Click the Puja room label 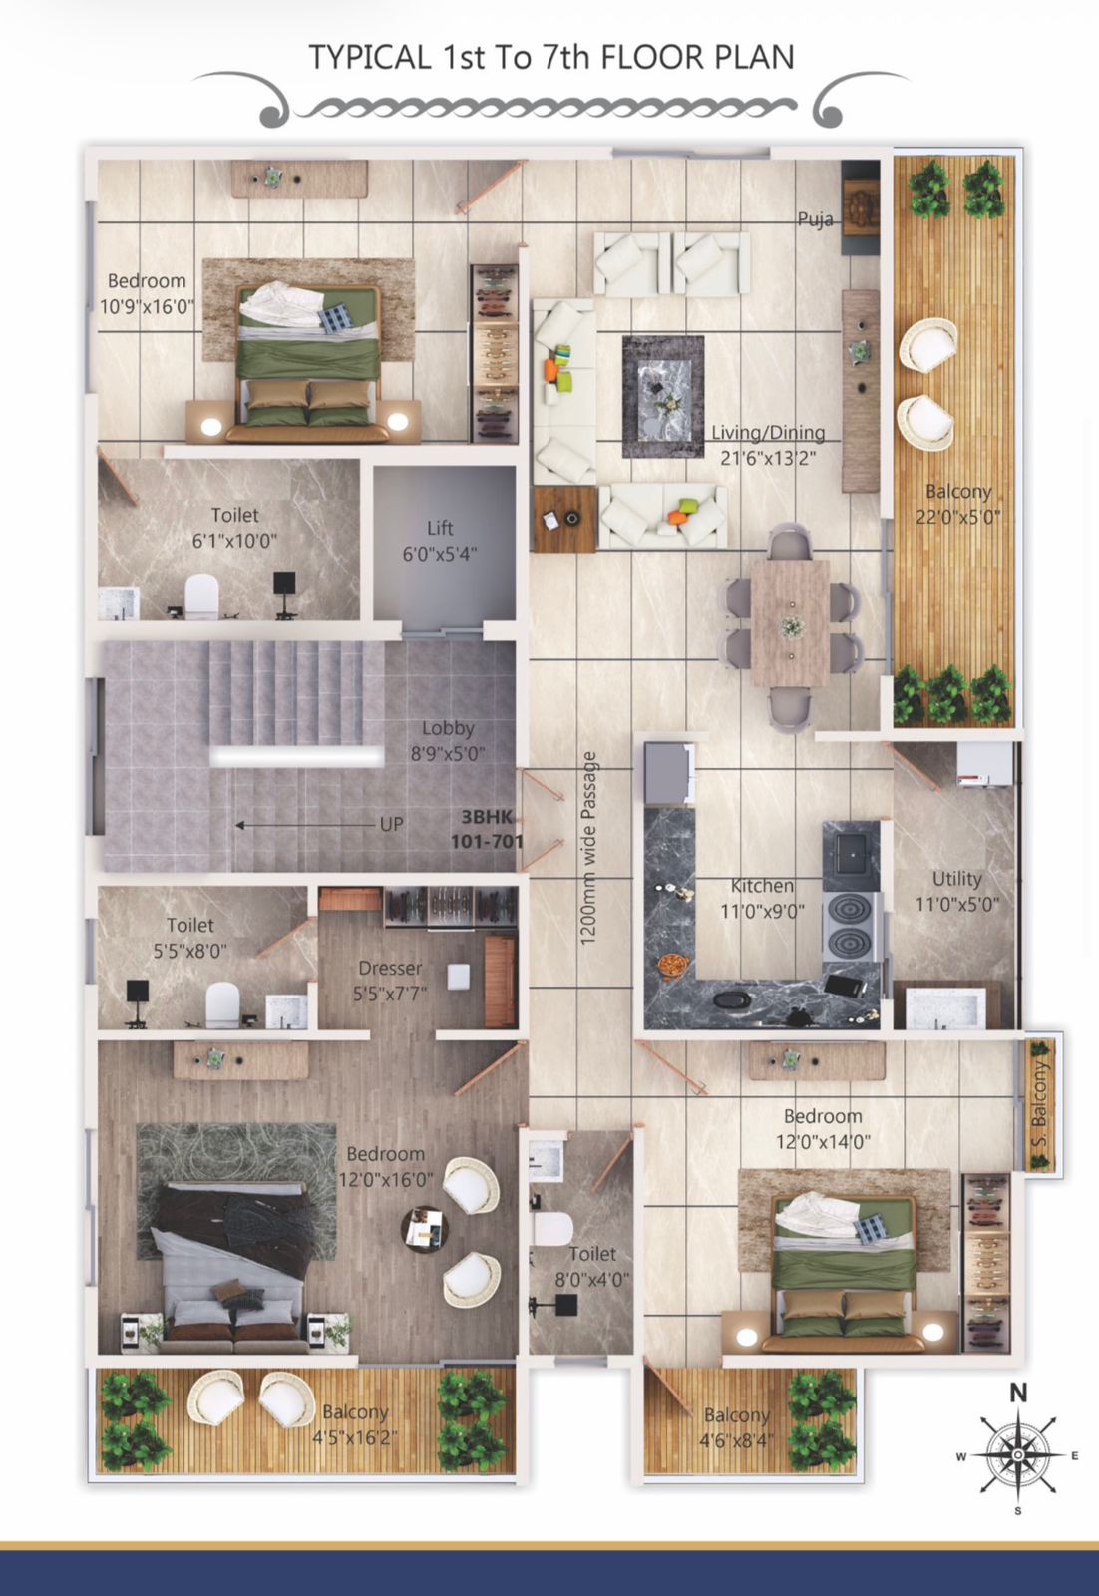click(815, 220)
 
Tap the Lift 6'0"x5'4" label click(440, 540)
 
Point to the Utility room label click(957, 891)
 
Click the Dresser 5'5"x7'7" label click(390, 980)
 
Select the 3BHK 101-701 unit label click(488, 829)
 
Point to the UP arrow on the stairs click(307, 825)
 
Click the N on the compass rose click(1018, 1393)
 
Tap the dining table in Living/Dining click(790, 623)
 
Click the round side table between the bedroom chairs click(424, 1228)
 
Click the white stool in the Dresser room click(458, 977)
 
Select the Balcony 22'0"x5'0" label click(958, 504)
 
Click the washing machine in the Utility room click(984, 764)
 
